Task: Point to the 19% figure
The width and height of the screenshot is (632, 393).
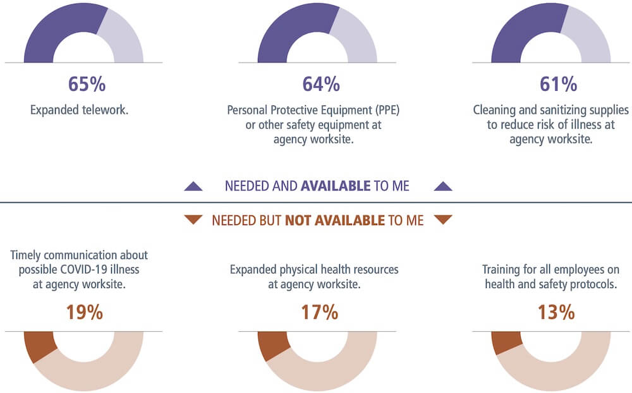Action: click(84, 312)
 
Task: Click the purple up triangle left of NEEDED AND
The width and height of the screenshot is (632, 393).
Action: click(193, 186)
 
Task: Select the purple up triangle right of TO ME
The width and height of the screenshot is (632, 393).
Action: click(444, 186)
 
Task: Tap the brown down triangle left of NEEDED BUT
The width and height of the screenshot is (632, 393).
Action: click(193, 220)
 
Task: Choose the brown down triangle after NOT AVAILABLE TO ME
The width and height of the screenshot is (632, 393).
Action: click(444, 220)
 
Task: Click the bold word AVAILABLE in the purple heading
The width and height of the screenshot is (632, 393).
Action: click(336, 186)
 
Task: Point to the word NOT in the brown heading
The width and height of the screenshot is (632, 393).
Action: click(299, 220)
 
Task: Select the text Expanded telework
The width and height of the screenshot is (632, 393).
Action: click(79, 110)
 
